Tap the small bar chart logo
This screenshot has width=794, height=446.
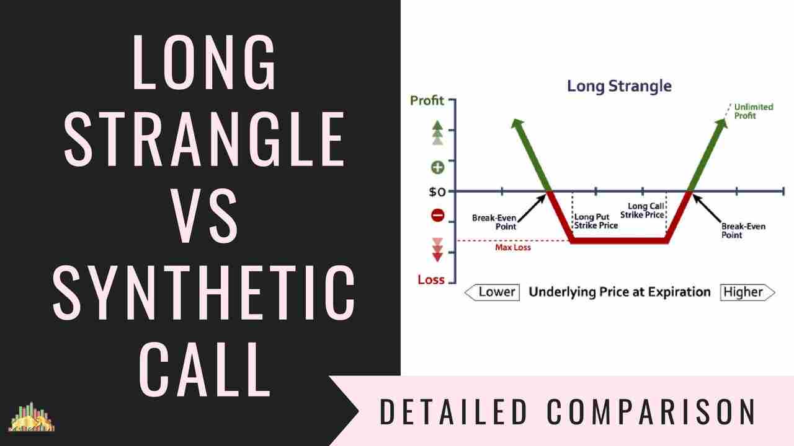pos(32,417)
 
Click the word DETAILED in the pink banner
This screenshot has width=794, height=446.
pos(452,412)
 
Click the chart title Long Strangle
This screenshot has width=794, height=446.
pos(619,85)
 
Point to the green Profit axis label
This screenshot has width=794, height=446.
pos(427,100)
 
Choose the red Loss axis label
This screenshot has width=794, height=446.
pos(431,279)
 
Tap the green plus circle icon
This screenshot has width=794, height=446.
pos(438,167)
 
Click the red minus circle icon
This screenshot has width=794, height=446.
pos(438,216)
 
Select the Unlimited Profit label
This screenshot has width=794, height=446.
pos(753,111)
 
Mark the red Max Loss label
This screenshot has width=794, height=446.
pos(513,247)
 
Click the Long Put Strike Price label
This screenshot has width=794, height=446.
pos(595,221)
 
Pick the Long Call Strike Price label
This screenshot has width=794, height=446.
pos(646,211)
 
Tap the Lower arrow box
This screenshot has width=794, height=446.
pos(492,292)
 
